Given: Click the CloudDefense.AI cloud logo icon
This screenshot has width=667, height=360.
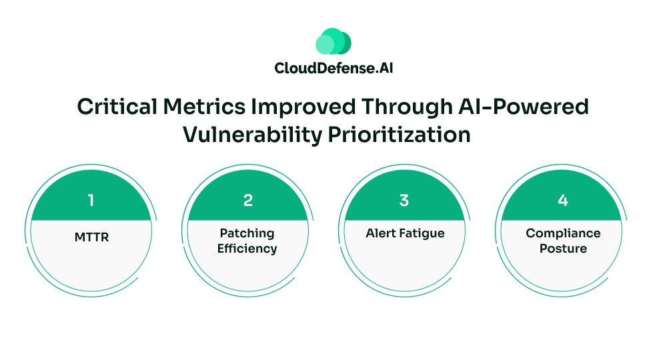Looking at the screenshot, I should (333, 41).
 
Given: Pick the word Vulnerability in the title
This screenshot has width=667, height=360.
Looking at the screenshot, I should (252, 134).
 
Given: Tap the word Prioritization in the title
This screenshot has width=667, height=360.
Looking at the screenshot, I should (399, 134).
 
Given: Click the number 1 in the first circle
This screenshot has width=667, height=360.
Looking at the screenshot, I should (91, 201).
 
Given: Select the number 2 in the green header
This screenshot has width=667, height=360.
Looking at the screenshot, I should (248, 201).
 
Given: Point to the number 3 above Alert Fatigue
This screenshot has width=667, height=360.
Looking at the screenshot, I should (404, 201).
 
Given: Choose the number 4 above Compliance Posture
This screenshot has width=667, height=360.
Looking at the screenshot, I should (562, 201).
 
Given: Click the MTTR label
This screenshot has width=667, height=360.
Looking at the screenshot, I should (91, 234).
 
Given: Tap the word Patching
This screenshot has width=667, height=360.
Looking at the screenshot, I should (248, 233).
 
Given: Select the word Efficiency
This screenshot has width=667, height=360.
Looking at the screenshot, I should (248, 249).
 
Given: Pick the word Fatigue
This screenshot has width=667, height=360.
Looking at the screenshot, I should (421, 234).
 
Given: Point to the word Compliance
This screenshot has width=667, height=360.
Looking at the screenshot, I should (563, 233).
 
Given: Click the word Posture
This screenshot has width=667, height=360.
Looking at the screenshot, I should (563, 249).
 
